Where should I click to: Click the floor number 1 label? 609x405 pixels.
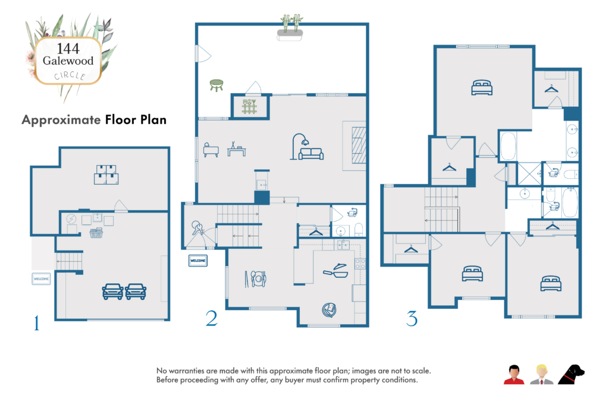(x=37, y=323)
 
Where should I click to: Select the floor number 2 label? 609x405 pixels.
(x=211, y=319)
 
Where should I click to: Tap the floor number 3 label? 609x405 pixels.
(x=412, y=319)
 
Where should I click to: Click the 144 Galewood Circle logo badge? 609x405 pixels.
(x=67, y=61)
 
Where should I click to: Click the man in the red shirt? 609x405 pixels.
(x=513, y=375)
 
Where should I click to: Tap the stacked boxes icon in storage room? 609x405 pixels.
(x=106, y=174)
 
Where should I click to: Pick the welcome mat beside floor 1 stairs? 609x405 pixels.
(x=41, y=279)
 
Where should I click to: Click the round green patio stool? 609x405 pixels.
(x=216, y=86)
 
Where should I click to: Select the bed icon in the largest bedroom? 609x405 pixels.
(x=482, y=88)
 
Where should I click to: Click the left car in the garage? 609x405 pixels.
(x=112, y=291)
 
